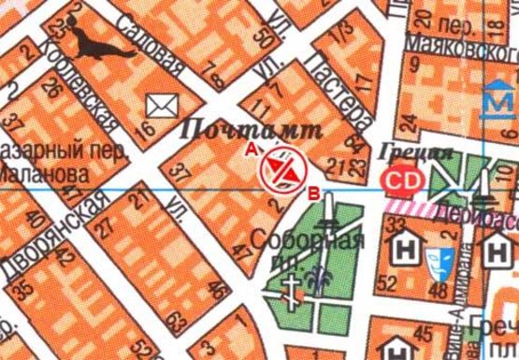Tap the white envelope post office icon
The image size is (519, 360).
click(x=161, y=105)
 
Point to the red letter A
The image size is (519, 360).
click(x=250, y=149)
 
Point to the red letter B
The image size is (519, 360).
click(x=314, y=194)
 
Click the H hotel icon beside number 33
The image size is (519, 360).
click(x=405, y=251)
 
